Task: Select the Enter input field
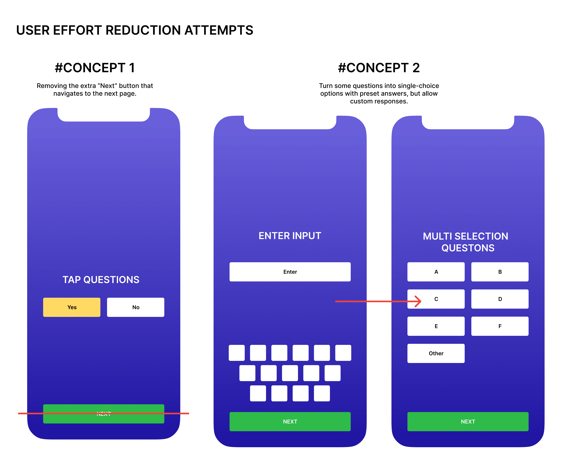click(290, 272)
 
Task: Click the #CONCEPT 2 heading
click(379, 68)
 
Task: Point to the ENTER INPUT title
click(290, 236)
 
